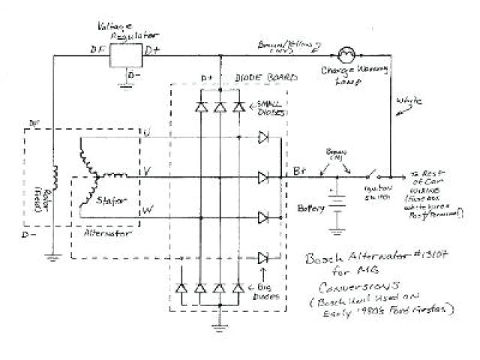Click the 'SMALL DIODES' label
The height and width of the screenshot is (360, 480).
point(271,107)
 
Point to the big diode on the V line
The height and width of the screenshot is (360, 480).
point(262,178)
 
